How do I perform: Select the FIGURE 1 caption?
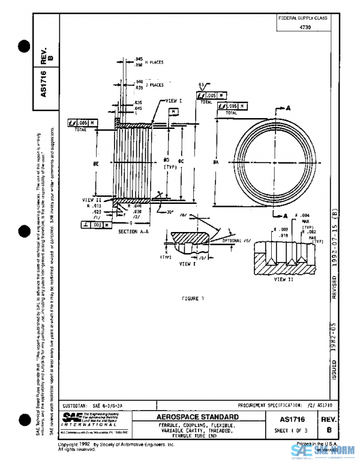click(x=193, y=298)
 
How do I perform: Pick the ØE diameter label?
click(x=95, y=162)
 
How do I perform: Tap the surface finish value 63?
click(x=202, y=85)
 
